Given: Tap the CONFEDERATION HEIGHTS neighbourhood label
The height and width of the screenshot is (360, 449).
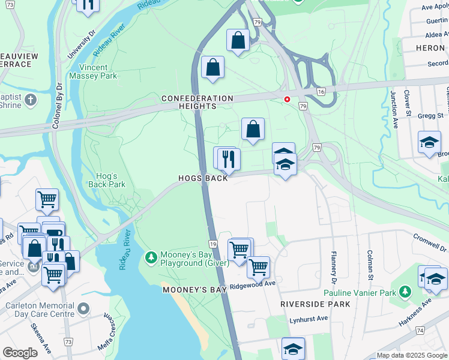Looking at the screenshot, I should [197, 102].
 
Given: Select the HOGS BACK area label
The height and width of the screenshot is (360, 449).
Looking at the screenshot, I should [203, 179].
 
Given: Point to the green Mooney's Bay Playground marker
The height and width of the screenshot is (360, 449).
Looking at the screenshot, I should [150, 257].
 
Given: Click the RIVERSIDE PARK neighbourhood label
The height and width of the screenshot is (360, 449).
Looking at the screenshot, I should [315, 304].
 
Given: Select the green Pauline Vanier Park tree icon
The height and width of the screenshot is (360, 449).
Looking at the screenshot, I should [405, 292].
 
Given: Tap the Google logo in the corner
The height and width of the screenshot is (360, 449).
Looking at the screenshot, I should [20, 353].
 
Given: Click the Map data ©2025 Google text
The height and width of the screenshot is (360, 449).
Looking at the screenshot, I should [412, 355].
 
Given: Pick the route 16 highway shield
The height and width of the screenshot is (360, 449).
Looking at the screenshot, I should [321, 91].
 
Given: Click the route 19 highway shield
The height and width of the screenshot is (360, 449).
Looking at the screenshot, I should [213, 244].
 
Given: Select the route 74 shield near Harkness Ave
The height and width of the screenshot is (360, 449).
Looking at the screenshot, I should [420, 331].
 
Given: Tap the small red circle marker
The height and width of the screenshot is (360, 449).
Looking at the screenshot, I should [287, 100].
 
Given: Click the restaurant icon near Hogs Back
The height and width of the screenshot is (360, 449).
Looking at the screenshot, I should [229, 160].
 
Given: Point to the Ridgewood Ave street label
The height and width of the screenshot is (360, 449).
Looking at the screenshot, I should [252, 284].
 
